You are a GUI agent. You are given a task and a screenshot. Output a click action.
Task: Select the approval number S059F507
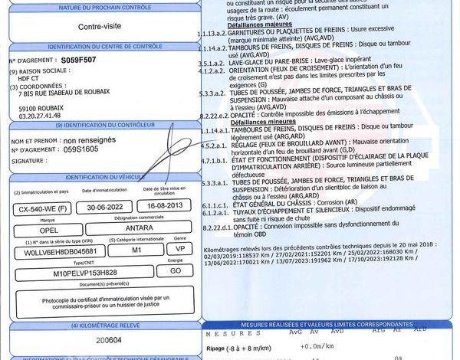point(78,58)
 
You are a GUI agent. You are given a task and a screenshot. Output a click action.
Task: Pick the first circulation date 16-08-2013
point(163,208)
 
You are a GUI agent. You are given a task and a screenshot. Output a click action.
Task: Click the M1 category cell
point(136,250)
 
